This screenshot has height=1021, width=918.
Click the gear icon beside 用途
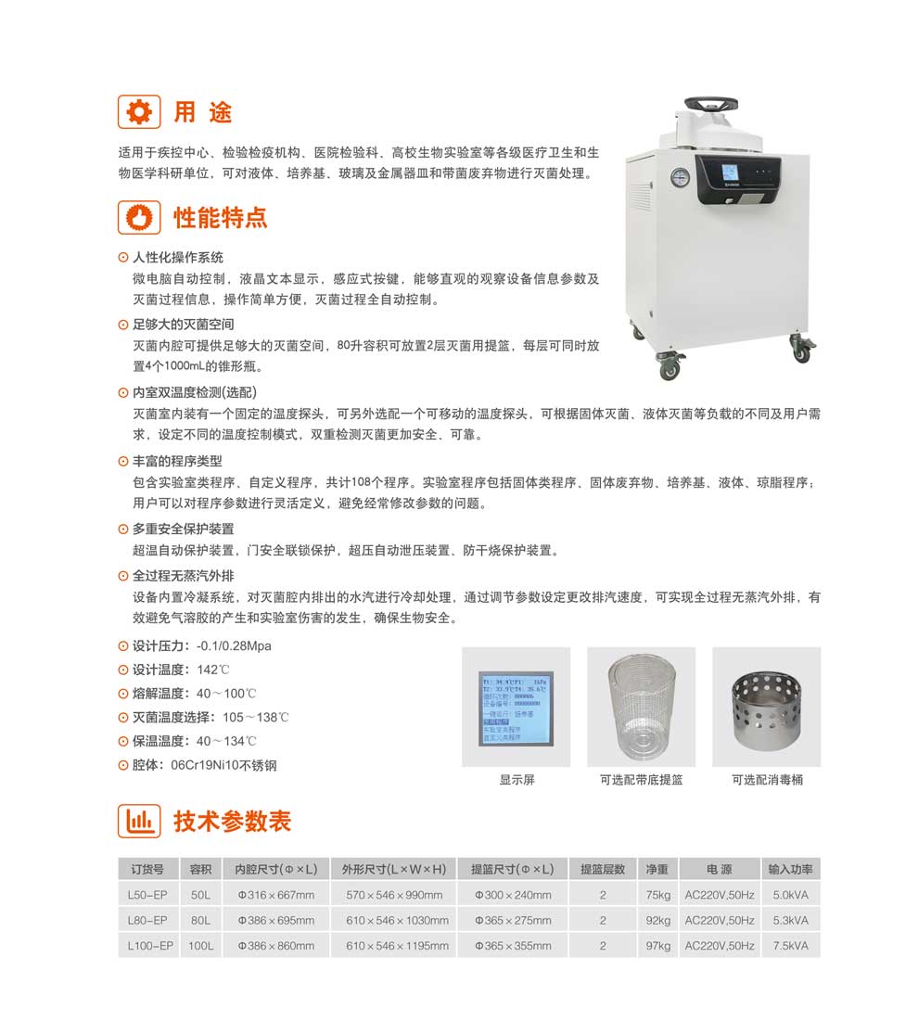[x=138, y=112]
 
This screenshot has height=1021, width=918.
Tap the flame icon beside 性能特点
[x=138, y=218]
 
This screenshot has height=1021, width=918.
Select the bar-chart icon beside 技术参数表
[x=138, y=821]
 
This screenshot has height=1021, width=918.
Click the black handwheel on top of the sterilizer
[x=720, y=103]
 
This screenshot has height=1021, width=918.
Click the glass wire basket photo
[x=641, y=707]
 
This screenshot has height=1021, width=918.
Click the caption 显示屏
[x=516, y=780]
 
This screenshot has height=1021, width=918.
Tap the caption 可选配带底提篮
[x=641, y=780]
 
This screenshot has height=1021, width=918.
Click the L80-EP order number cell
[x=147, y=920]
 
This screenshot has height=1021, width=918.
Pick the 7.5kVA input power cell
[x=790, y=946]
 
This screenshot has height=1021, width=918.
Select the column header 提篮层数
[x=602, y=870]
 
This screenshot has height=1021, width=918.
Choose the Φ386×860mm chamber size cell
[x=276, y=946]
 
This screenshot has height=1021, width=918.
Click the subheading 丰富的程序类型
[x=177, y=461]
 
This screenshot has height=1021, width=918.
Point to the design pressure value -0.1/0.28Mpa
[x=234, y=645]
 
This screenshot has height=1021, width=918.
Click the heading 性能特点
[x=221, y=218]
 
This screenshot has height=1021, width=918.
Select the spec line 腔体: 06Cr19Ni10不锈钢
[x=205, y=766]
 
